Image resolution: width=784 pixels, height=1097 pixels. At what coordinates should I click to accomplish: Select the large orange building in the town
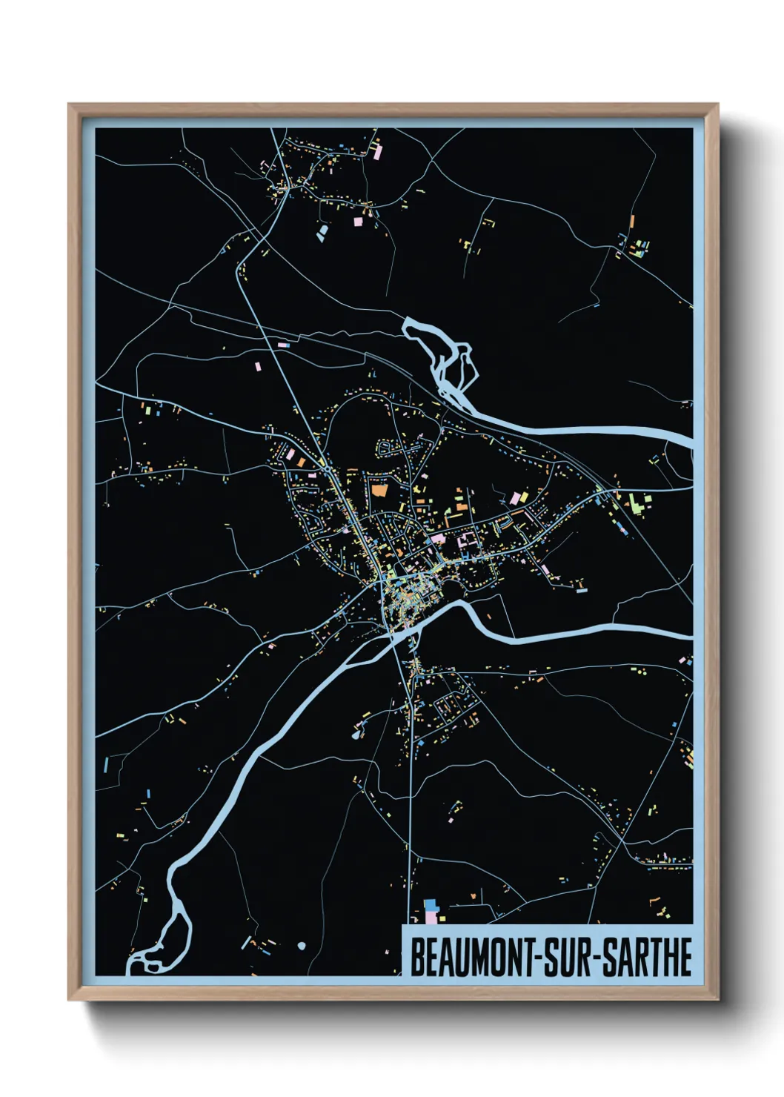(379, 490)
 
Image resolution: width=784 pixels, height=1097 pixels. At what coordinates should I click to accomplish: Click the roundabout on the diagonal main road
(327, 468)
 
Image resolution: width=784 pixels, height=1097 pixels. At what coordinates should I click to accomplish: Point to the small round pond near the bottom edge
(301, 946)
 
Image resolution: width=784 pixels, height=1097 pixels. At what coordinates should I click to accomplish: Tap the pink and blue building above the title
(431, 910)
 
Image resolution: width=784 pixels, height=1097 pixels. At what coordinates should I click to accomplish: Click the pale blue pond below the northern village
(322, 234)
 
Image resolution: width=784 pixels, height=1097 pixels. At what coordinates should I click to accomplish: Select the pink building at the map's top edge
(377, 152)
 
